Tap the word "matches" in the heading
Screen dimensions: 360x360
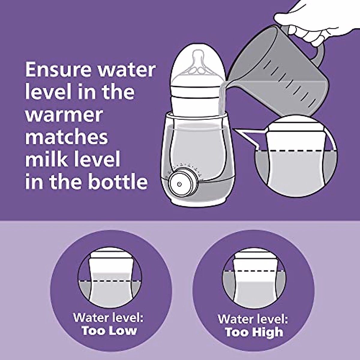(66, 137)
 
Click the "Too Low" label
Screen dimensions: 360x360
(109, 331)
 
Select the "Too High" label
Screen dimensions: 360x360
(254, 332)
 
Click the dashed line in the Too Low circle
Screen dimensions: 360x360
(110, 281)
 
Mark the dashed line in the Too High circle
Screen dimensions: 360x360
(254, 271)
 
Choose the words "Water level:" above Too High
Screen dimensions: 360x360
(253, 319)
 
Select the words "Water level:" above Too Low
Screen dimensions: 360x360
(109, 317)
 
